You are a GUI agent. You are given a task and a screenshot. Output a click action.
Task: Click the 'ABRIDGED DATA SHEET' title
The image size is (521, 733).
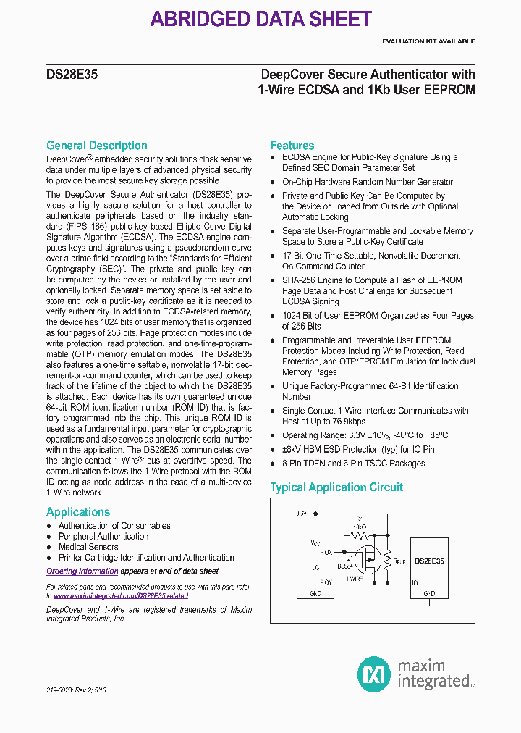[260, 19]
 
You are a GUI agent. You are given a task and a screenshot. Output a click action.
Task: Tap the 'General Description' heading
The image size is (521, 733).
[97, 146]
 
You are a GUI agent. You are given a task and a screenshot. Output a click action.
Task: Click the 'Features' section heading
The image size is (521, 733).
[292, 146]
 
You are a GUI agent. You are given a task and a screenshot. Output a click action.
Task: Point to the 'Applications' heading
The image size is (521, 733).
[78, 512]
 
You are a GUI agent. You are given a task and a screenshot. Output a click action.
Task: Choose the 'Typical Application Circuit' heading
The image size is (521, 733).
[336, 487]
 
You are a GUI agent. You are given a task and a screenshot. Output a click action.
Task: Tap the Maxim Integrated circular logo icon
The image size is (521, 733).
[374, 673]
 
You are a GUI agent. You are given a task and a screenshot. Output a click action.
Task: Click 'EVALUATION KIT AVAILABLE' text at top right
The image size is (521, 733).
[428, 41]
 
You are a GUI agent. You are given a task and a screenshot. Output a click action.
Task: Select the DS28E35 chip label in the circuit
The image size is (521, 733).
[431, 561]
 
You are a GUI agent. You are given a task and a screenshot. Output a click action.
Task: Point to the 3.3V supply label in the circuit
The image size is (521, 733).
[302, 513]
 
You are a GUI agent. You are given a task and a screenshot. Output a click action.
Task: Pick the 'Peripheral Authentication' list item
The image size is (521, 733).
[103, 537]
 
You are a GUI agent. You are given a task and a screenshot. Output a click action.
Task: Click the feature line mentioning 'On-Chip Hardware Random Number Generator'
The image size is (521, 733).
[368, 182]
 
